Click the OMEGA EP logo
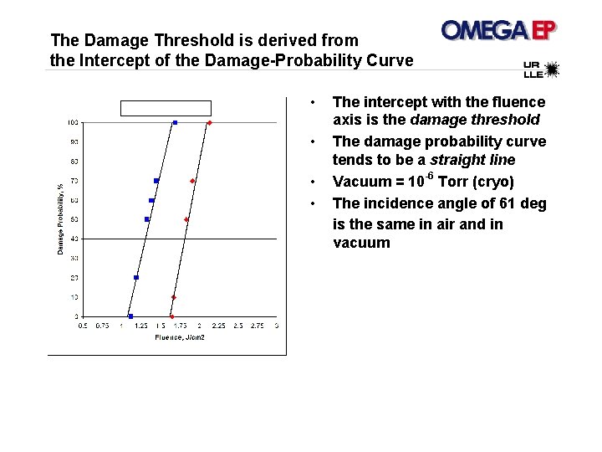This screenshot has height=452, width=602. pos(499,31)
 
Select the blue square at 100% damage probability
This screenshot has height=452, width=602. pos(175,123)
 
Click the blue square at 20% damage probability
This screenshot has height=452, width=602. pos(136,278)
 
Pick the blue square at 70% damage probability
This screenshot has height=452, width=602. pos(156,181)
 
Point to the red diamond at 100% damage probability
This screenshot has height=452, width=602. pos(210,123)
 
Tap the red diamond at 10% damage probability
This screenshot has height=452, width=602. pos(174,297)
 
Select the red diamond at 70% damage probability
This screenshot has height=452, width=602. pos(192,181)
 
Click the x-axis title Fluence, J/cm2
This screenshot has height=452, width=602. pos(180,337)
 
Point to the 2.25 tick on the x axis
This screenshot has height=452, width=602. pos(218,326)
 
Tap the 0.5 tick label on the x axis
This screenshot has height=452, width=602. pos(82,326)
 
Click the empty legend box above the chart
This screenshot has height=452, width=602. pos(166,108)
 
